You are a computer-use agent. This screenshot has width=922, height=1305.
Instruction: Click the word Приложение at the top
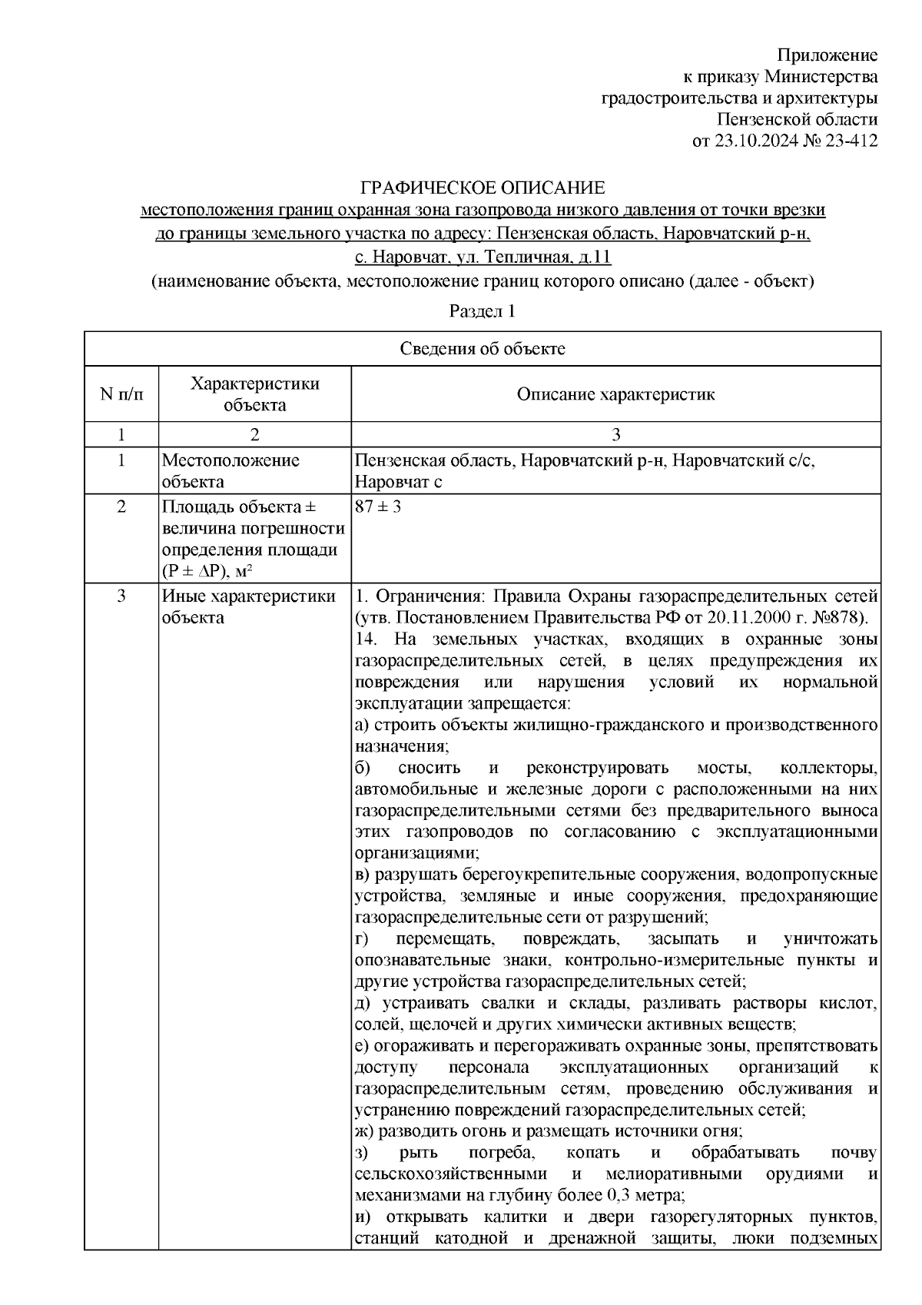[x=827, y=55]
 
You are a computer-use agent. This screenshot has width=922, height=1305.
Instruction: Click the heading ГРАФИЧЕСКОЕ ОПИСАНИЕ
[x=483, y=188]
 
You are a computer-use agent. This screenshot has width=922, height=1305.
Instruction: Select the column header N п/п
[x=121, y=394]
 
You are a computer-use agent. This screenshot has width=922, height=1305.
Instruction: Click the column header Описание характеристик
[x=615, y=394]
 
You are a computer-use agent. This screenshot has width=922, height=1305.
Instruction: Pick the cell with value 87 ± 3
[x=378, y=508]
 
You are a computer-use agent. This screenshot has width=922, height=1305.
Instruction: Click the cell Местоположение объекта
[x=230, y=471]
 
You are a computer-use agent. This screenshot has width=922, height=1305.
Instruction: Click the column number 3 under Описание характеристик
[x=615, y=434]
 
